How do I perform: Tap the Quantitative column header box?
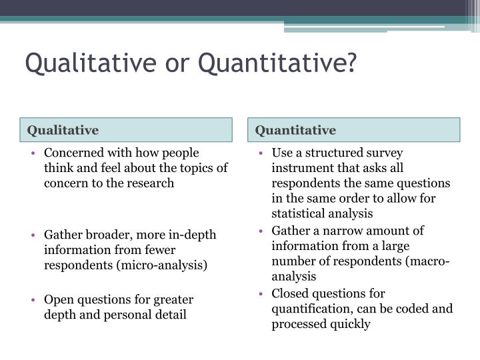coord(357,129)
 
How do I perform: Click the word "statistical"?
coord(298,213)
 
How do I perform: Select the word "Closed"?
coord(289,293)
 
